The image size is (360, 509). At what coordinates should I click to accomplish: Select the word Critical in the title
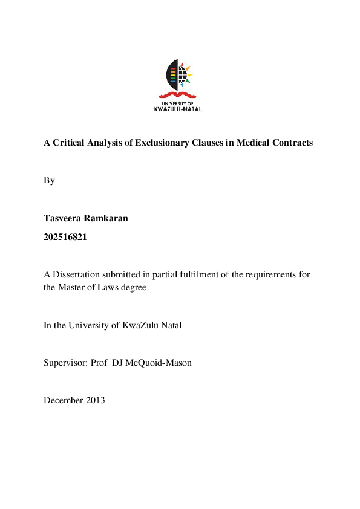(70, 143)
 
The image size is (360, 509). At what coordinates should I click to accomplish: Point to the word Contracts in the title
(293, 143)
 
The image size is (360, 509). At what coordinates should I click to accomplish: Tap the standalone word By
(49, 180)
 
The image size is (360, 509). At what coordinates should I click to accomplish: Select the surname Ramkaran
(106, 218)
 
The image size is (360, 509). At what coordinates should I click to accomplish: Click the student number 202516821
(65, 237)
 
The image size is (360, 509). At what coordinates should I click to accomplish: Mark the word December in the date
(64, 400)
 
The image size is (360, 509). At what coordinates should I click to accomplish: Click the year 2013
(96, 400)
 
